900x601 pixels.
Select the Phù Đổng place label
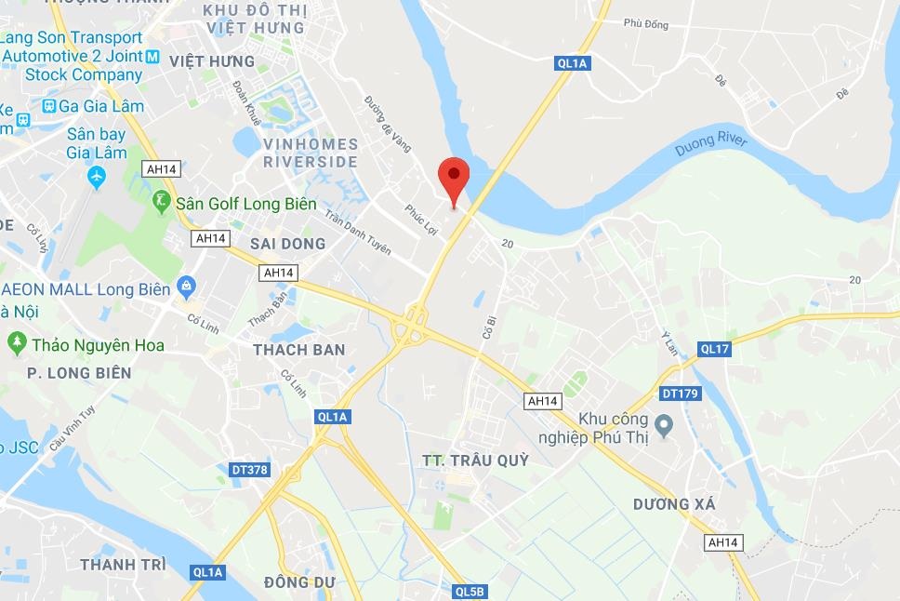pos(646,24)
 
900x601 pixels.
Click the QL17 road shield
pos(715,349)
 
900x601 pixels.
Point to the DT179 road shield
pos(680,394)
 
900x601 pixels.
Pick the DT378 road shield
pos(248,470)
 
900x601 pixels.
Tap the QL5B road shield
pos(470,591)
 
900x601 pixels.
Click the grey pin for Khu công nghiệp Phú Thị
pos(664,428)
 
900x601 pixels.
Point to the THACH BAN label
pos(298,350)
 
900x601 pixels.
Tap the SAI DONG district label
pos(288,244)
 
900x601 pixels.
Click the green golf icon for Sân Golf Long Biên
pos(162,201)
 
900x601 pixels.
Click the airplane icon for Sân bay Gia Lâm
pos(97,175)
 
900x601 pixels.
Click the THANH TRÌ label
pos(123,565)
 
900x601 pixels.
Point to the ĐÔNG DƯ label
pos(298,582)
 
